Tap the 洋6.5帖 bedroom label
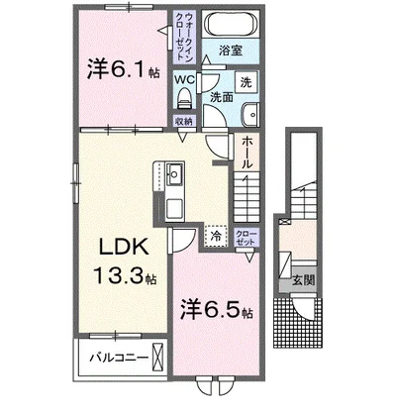216,310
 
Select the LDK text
117,246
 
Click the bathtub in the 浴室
230,24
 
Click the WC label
184,79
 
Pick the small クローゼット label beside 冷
247,236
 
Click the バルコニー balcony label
116,357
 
